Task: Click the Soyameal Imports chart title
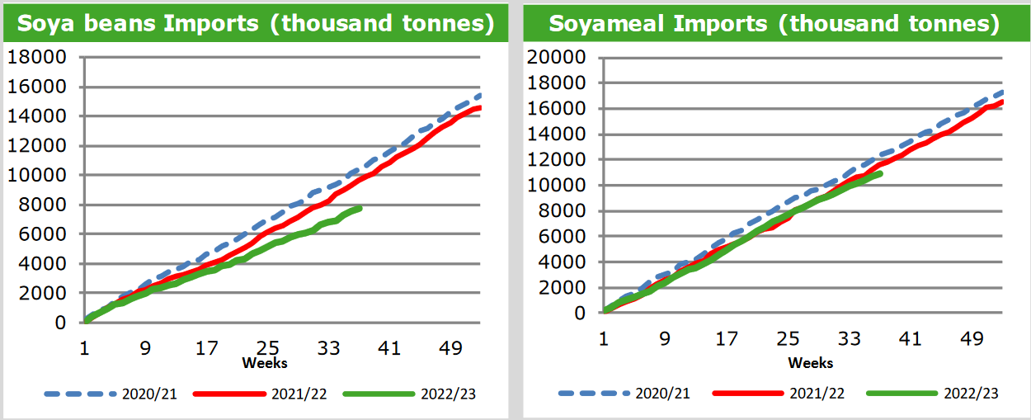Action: coord(774,23)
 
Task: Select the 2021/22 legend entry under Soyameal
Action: coord(817,394)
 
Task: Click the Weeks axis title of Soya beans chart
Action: coord(265,363)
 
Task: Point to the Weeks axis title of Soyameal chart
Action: coord(811,363)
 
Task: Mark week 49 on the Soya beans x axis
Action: coord(450,349)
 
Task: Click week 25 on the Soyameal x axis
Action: coord(789,338)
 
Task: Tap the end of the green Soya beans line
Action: coord(360,208)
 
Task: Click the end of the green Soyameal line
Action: coord(881,173)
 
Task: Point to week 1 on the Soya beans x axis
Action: coord(84,349)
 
